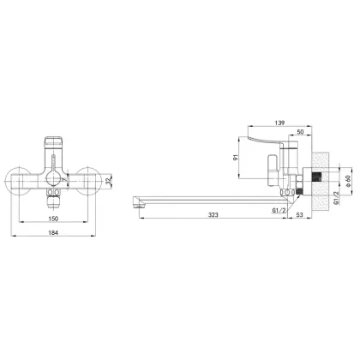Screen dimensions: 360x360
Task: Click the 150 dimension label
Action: [53, 219]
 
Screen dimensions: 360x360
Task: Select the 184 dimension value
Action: [53, 233]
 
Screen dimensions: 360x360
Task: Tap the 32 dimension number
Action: [108, 181]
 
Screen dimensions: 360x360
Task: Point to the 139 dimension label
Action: [279, 123]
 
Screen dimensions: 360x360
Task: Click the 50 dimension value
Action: [300, 132]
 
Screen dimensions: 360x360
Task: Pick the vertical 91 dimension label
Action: [236, 158]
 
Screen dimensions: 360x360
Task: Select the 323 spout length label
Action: [213, 215]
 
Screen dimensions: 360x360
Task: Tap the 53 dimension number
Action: [299, 215]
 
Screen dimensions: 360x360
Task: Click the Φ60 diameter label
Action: [348, 181]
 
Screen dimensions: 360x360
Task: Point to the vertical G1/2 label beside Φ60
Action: [337, 198]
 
